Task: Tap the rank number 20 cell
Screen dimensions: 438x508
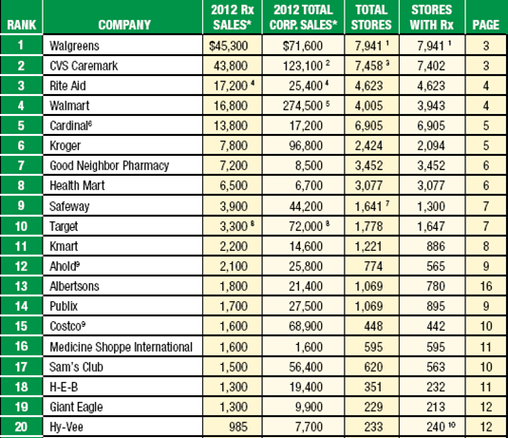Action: click(22, 428)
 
